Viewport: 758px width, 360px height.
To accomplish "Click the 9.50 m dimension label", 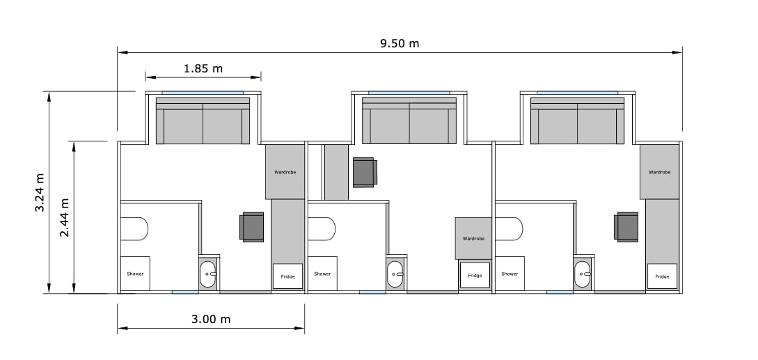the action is pyautogui.click(x=400, y=44).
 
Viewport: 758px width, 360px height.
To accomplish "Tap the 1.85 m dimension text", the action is pyautogui.click(x=203, y=68).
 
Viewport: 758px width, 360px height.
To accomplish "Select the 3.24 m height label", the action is pyautogui.click(x=40, y=193).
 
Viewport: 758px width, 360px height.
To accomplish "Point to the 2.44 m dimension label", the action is pyautogui.click(x=64, y=218).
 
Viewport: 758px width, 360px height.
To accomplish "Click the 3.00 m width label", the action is pyautogui.click(x=211, y=320).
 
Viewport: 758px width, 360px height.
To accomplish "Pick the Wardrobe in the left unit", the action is pyautogui.click(x=285, y=172).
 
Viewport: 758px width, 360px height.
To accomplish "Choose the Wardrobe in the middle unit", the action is pyautogui.click(x=473, y=239).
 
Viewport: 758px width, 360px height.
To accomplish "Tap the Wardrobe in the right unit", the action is pyautogui.click(x=660, y=172).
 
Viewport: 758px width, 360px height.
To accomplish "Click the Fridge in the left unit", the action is pyautogui.click(x=287, y=276).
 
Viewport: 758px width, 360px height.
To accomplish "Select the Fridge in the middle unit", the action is pyautogui.click(x=475, y=275).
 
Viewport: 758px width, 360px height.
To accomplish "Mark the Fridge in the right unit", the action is pyautogui.click(x=662, y=276).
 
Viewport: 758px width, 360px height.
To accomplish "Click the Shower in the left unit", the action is pyautogui.click(x=135, y=274).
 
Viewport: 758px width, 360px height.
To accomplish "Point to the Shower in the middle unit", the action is pyautogui.click(x=322, y=274).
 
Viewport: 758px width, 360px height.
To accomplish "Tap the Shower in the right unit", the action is pyautogui.click(x=510, y=274).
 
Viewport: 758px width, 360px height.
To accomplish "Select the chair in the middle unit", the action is pyautogui.click(x=365, y=172).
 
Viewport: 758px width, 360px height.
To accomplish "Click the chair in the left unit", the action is pyautogui.click(x=252, y=227).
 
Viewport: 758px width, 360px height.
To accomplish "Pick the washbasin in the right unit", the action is pyautogui.click(x=583, y=274).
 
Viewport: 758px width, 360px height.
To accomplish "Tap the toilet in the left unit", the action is pyautogui.click(x=134, y=229).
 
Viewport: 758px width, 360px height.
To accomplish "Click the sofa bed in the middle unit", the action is pyautogui.click(x=409, y=120).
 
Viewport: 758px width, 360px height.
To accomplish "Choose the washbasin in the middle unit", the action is pyautogui.click(x=395, y=274).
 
